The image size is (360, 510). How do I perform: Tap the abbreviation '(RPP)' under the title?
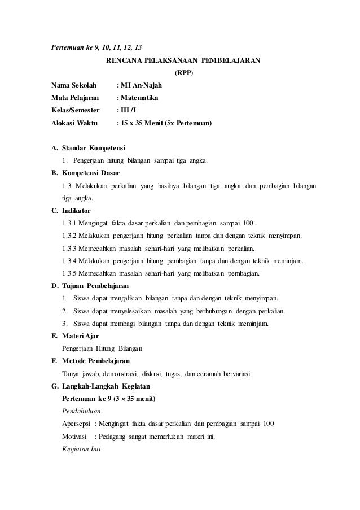(183, 73)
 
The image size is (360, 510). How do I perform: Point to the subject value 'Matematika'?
(139, 98)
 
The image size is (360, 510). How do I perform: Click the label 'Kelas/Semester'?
(75, 110)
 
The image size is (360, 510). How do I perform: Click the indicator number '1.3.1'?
(70, 223)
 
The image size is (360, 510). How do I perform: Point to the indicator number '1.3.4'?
(70, 261)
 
